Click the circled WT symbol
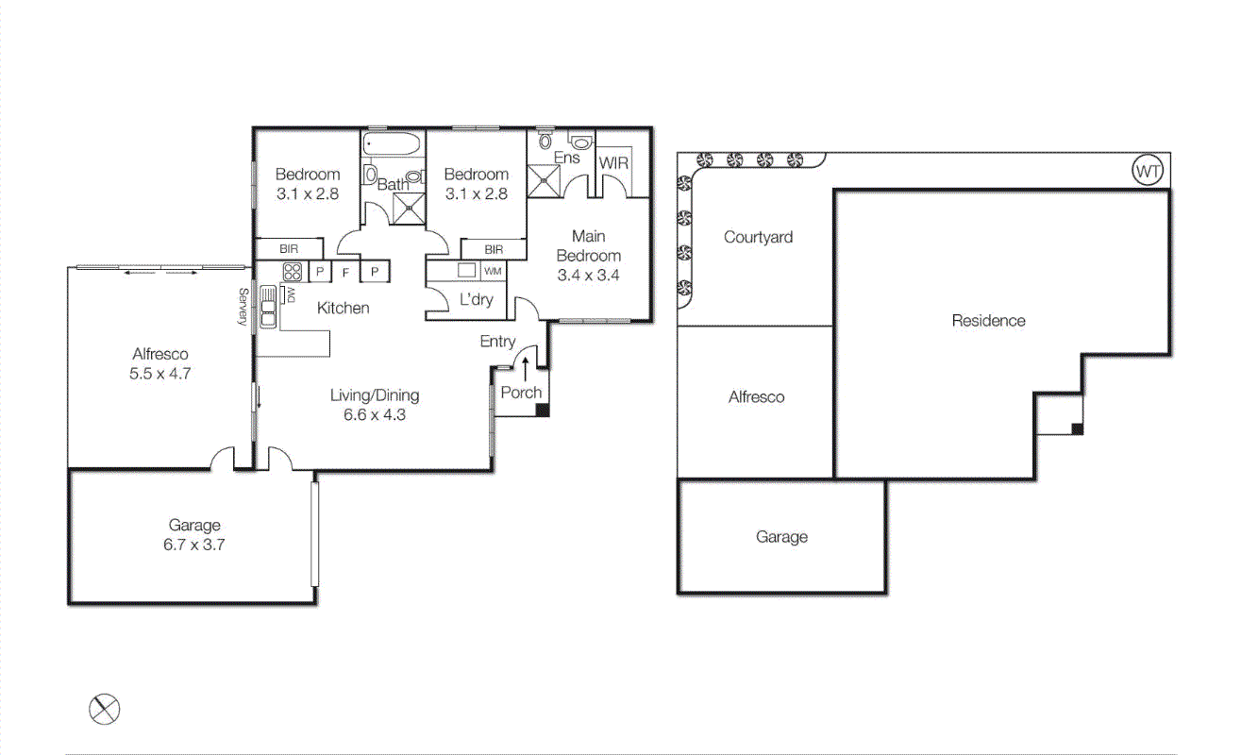(1148, 171)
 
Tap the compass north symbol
(105, 709)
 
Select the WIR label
(613, 163)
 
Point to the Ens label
(566, 158)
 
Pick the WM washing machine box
(493, 272)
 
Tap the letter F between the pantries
(346, 272)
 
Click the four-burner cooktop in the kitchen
(291, 272)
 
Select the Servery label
(243, 308)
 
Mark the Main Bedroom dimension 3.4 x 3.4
(588, 276)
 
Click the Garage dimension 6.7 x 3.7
(194, 545)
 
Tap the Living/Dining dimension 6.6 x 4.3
(375, 414)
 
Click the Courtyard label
(758, 237)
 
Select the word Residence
(988, 321)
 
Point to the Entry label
(497, 342)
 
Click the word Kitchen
(343, 308)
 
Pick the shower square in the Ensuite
(544, 181)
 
